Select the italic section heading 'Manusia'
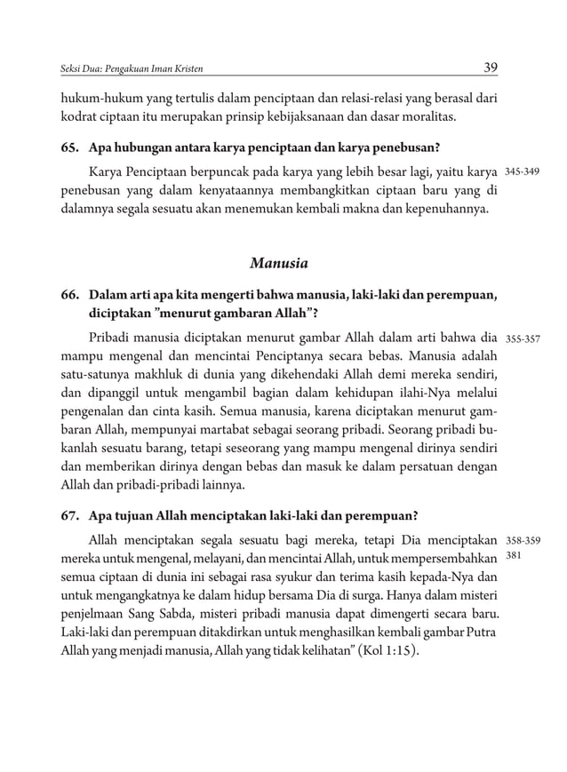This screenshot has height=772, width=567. coord(279,264)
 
